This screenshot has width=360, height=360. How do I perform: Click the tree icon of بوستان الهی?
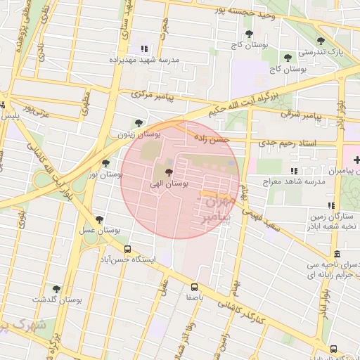click(x=168, y=172)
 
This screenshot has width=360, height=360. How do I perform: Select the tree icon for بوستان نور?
click(x=105, y=162)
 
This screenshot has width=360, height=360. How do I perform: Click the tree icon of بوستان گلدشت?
click(x=56, y=289)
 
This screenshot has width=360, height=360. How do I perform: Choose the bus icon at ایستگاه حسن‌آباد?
click(x=127, y=249)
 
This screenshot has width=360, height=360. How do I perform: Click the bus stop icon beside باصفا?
click(x=194, y=286)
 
